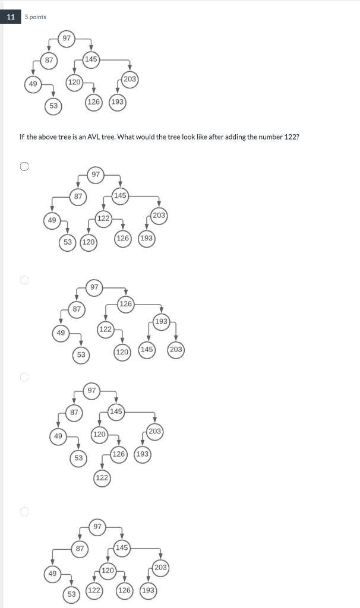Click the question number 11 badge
[11, 17]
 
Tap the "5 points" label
[36, 17]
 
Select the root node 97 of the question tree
[67, 39]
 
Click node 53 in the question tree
[53, 106]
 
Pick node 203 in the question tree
[130, 79]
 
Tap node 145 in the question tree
[91, 59]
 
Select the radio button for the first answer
[24, 167]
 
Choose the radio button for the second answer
[24, 280]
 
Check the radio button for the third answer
[24, 376]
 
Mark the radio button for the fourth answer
[24, 511]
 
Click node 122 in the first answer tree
[103, 218]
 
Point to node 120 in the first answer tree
[88, 242]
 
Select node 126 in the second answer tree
[125, 305]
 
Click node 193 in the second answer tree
[161, 321]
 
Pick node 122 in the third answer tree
[102, 477]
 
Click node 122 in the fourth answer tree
[93, 590]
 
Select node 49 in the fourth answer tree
[52, 574]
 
